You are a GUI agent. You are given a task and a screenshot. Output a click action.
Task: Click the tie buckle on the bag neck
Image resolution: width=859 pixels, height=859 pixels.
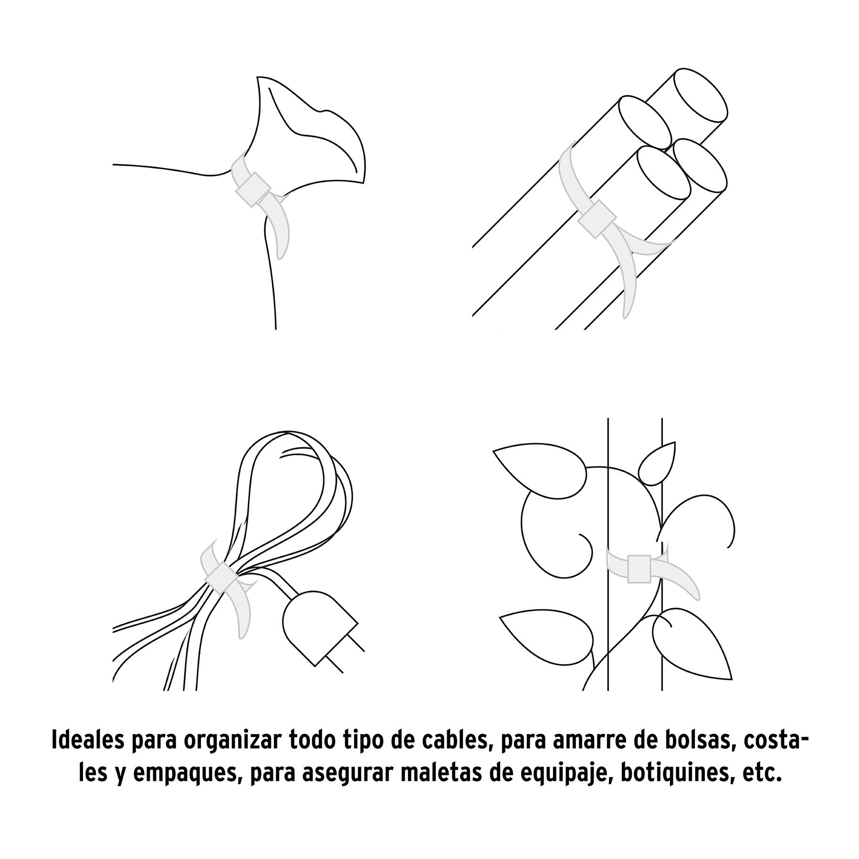click(252, 189)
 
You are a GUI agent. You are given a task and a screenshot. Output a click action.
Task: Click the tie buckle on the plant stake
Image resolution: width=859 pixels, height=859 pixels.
click(639, 569)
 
